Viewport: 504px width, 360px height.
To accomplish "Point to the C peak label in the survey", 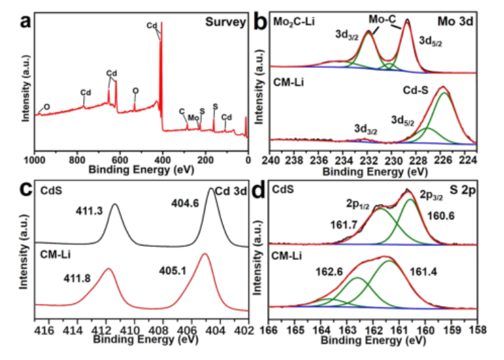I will (182, 111).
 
